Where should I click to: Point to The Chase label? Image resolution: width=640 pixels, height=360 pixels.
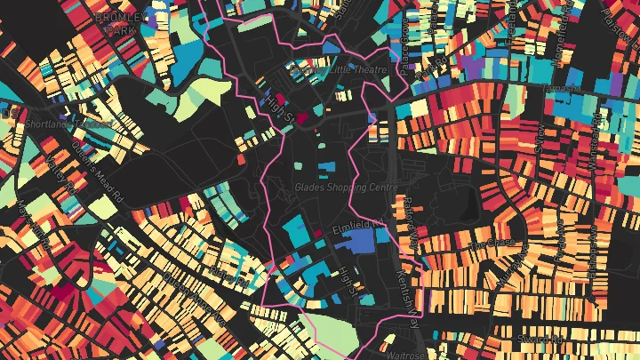pyautogui.click(x=490, y=243)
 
